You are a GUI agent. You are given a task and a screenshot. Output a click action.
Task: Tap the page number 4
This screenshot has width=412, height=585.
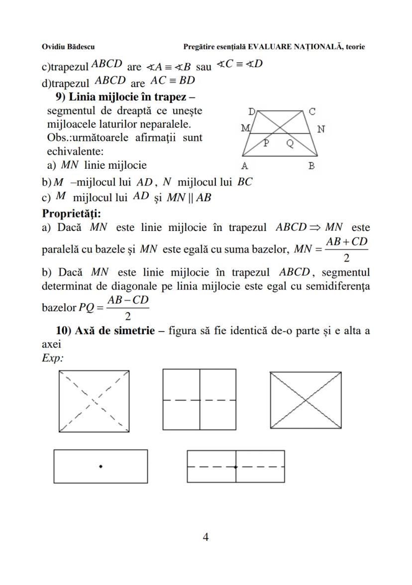(206, 537)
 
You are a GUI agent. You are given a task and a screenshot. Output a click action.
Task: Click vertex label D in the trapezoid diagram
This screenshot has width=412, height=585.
(251, 112)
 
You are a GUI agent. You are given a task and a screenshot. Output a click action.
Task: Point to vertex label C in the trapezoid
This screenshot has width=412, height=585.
(312, 112)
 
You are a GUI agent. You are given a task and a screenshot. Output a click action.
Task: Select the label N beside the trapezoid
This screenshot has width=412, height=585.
(321, 129)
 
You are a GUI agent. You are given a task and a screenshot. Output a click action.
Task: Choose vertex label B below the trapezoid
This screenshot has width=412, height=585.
(311, 166)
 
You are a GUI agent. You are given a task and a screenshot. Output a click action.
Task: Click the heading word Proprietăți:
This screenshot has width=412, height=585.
(72, 214)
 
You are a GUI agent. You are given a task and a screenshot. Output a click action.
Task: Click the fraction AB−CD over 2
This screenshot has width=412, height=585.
(128, 308)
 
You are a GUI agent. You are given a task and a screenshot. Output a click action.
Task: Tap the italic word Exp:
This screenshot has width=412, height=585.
(53, 357)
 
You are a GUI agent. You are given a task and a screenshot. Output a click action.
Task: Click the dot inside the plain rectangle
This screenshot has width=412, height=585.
(101, 466)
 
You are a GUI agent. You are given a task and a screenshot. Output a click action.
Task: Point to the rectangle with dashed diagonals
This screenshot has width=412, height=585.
(94, 401)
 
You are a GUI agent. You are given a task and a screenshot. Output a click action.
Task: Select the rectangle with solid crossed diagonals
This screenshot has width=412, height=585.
(306, 400)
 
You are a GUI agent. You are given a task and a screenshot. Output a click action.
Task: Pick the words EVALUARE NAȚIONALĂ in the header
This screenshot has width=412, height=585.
(294, 47)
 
